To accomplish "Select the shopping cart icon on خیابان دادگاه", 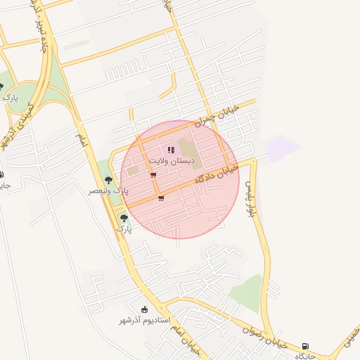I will point(161,198).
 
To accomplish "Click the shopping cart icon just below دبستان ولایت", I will point(153,175).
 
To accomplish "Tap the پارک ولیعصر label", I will point(109,191).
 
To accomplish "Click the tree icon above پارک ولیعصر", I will point(108,181).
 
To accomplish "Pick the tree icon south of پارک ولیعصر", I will point(124,219).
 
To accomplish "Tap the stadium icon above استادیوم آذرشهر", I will point(145,309).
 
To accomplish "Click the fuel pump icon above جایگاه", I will point(304,346).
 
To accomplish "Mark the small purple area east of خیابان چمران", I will point(282,148).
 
